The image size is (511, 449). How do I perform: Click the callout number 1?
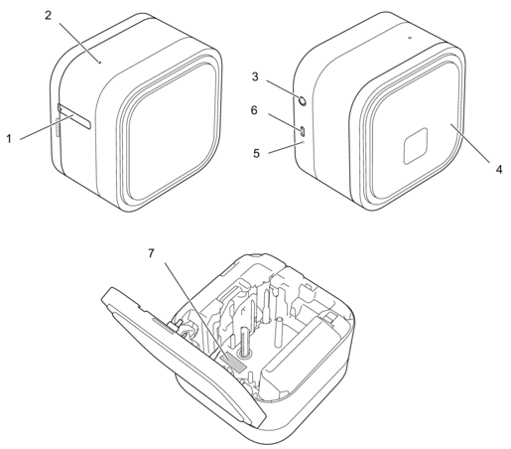coord(9,139)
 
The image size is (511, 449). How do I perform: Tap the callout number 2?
coord(49,15)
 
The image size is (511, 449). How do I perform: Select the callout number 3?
coord(255,76)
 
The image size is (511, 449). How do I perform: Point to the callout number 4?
coord(499,170)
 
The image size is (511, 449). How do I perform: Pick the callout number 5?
coord(257,153)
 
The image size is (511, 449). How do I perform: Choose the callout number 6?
coord(254,110)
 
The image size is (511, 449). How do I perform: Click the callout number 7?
coord(151,253)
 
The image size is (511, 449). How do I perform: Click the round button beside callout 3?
coord(303,100)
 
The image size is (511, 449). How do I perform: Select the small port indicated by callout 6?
coord(304,131)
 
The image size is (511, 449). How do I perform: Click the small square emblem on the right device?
coord(415,146)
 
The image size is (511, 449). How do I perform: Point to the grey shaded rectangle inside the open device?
coord(233,364)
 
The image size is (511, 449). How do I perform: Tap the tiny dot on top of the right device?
coord(410,38)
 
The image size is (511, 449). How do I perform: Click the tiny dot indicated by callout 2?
coord(100,62)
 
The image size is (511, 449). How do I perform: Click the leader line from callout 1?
coord(47,128)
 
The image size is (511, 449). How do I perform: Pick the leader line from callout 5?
coord(285,148)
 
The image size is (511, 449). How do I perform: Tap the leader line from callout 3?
coord(284,89)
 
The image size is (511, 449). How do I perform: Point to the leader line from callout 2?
coord(79,42)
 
